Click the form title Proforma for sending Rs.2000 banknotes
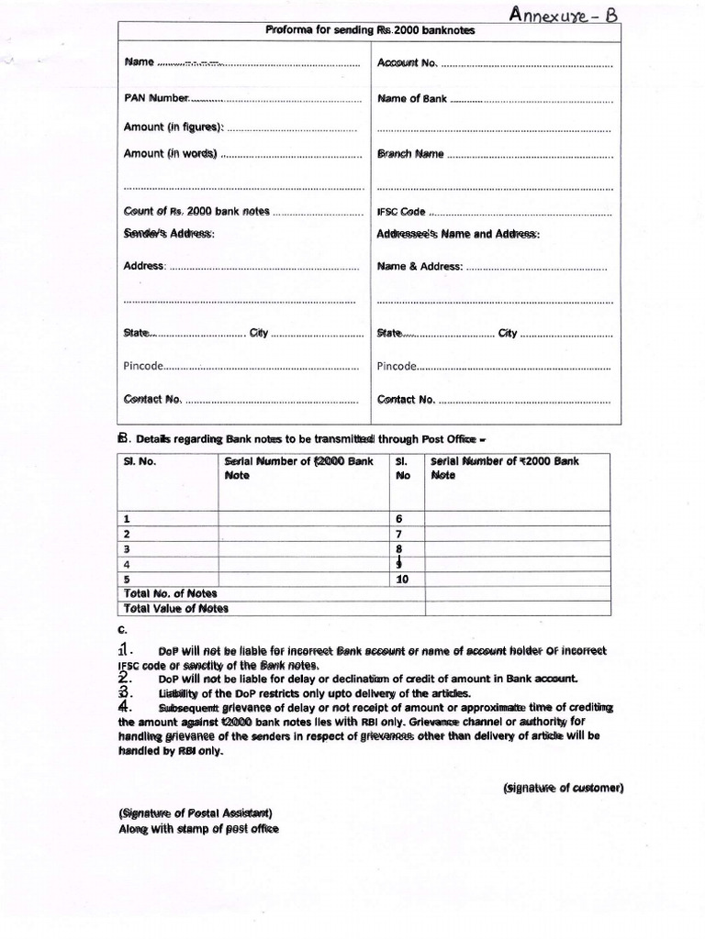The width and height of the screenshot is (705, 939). click(x=370, y=31)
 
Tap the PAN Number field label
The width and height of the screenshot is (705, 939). click(x=156, y=98)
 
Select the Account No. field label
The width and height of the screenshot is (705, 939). click(x=407, y=62)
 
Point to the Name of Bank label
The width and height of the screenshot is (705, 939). click(x=412, y=98)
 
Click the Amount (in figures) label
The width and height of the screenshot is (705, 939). click(x=173, y=127)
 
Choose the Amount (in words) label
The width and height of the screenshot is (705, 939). click(x=170, y=154)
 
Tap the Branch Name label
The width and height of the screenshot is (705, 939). click(x=410, y=154)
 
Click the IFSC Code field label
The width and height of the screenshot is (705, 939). click(x=402, y=212)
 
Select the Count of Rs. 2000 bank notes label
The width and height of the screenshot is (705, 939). click(x=196, y=211)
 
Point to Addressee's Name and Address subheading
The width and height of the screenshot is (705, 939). click(x=458, y=234)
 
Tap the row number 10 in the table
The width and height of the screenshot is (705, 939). click(x=402, y=580)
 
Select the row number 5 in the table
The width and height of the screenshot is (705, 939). click(x=127, y=580)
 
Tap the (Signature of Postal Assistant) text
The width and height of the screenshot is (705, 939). click(x=195, y=813)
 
